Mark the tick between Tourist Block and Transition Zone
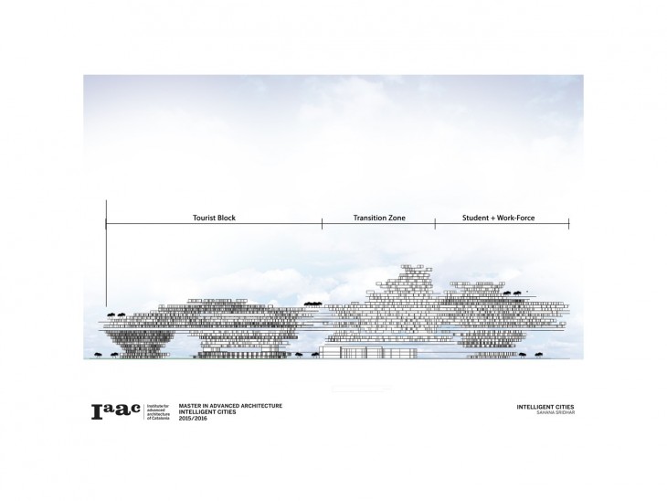click(x=322, y=224)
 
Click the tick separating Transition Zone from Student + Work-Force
click(x=435, y=224)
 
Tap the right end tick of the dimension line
click(x=568, y=224)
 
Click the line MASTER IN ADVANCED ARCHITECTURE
click(x=230, y=405)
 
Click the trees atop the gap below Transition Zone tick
click(x=313, y=301)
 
